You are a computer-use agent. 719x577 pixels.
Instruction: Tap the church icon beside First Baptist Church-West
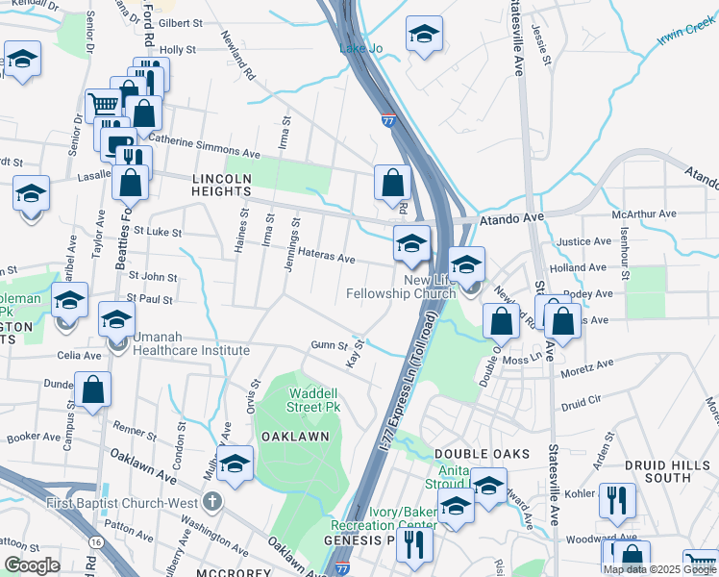pyautogui.click(x=212, y=501)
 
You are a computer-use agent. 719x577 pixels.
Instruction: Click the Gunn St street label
pyautogui.click(x=328, y=345)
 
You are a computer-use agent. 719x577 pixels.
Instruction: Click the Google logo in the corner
pyautogui.click(x=32, y=564)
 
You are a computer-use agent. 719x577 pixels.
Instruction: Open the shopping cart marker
pyautogui.click(x=102, y=103)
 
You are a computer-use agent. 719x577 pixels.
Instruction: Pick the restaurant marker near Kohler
pyautogui.click(x=615, y=499)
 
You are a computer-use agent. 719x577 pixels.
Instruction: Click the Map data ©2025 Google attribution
pyautogui.click(x=659, y=569)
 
